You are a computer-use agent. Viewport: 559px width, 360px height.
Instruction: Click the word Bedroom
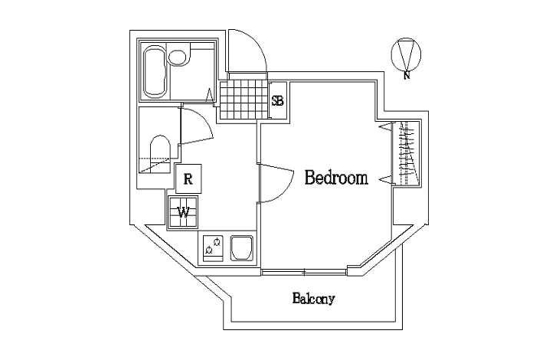(336, 178)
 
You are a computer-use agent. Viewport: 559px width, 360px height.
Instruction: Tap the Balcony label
(313, 299)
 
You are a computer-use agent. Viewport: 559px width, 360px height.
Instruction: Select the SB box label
(278, 100)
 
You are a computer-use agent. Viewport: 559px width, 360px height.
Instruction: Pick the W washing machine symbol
(184, 211)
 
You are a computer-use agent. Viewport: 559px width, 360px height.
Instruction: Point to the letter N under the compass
(407, 75)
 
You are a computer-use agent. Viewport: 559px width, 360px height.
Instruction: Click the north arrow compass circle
(407, 52)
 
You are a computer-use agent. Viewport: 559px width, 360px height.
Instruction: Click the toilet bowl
(160, 151)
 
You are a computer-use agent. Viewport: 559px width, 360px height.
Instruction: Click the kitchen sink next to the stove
(241, 248)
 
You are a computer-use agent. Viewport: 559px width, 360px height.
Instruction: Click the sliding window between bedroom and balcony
(304, 271)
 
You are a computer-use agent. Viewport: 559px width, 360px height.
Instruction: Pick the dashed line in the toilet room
(155, 163)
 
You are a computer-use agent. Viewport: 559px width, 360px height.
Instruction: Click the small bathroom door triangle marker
(210, 95)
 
